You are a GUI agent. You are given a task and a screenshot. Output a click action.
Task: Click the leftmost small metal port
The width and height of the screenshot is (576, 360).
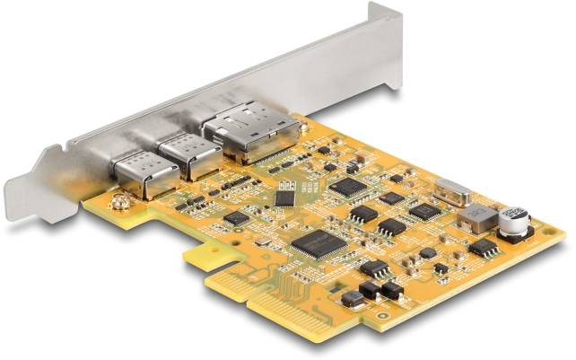pyautogui.click(x=137, y=170)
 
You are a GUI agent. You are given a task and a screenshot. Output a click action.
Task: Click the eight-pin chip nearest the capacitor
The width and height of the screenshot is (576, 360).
pyautogui.click(x=484, y=247)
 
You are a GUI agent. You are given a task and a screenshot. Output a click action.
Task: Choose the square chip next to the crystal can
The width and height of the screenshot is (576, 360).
pyautogui.click(x=423, y=211)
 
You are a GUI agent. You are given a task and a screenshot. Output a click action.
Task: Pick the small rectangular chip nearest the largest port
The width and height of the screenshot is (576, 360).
pyautogui.click(x=284, y=198)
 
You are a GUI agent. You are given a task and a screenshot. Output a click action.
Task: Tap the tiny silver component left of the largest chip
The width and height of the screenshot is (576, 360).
pyautogui.click(x=264, y=241)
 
